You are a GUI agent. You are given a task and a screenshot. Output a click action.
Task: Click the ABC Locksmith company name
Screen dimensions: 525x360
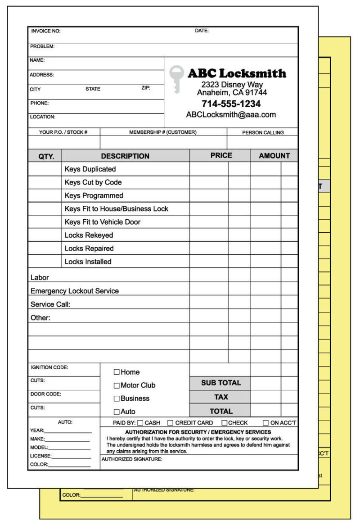tap(237, 73)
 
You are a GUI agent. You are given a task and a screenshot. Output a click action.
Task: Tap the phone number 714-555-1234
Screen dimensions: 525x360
tap(231, 104)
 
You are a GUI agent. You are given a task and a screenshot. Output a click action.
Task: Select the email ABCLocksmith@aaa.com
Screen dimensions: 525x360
tap(231, 115)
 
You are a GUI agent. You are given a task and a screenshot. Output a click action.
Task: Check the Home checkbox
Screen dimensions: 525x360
tap(117, 372)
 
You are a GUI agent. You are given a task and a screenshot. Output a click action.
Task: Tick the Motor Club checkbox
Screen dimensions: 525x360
tap(117, 385)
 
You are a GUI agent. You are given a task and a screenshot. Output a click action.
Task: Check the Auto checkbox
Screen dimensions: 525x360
tap(117, 412)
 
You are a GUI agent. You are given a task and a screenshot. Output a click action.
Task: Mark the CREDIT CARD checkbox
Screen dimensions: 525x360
tap(170, 423)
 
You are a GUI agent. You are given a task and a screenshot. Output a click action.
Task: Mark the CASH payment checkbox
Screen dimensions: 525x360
tap(140, 423)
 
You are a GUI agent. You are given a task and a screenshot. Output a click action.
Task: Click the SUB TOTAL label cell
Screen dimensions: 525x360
tap(220, 383)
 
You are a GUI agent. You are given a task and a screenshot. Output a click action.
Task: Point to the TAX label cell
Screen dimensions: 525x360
tap(220, 397)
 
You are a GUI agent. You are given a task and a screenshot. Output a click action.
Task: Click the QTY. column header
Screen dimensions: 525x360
tap(45, 156)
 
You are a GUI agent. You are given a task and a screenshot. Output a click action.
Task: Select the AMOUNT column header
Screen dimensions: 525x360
tap(274, 156)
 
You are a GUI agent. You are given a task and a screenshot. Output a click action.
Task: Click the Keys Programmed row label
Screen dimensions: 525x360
tap(94, 195)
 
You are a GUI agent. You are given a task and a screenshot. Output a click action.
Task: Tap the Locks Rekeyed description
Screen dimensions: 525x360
tap(89, 235)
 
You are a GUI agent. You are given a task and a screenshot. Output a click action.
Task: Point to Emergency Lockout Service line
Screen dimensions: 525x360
tap(75, 291)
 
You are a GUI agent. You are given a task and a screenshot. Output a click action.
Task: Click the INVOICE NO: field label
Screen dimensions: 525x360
tap(45, 31)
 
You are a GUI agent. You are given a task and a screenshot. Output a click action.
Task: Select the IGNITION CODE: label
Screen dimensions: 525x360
tap(49, 367)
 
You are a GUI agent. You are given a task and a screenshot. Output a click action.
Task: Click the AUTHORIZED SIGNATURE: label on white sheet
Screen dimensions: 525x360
tap(132, 459)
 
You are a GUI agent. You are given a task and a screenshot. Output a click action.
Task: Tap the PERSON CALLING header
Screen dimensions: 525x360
tap(263, 132)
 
